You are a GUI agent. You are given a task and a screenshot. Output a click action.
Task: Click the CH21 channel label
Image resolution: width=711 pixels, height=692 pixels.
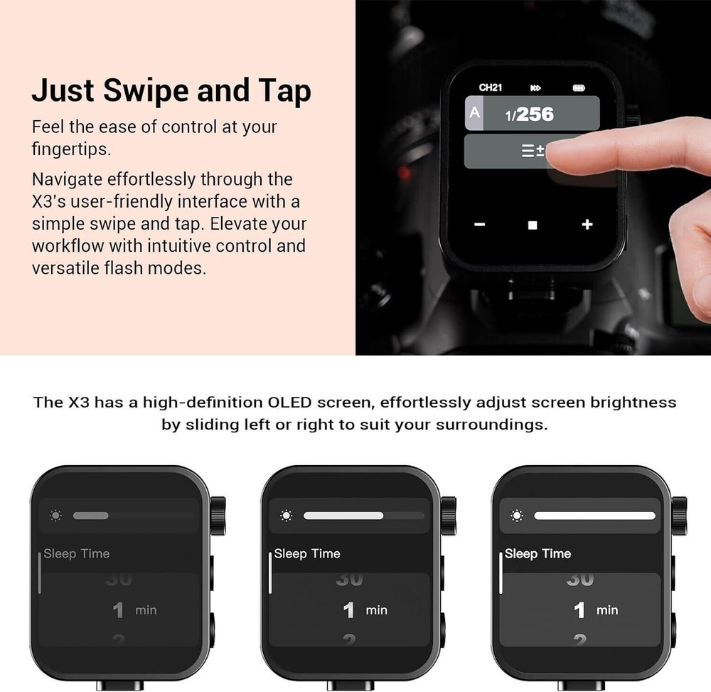(x=491, y=87)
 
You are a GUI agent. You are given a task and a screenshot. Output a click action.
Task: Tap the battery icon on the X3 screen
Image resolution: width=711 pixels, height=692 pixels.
(x=579, y=88)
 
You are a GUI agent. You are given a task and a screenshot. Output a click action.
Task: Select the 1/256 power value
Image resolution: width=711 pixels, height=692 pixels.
(x=530, y=115)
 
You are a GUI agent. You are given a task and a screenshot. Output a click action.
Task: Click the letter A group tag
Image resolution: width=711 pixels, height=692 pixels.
(x=474, y=113)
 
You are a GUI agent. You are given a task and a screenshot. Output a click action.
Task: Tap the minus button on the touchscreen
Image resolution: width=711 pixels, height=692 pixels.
(x=479, y=225)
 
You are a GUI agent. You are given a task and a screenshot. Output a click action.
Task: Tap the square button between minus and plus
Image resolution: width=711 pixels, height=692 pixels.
(x=533, y=225)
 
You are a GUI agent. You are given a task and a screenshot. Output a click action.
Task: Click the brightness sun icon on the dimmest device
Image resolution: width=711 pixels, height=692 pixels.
(x=56, y=515)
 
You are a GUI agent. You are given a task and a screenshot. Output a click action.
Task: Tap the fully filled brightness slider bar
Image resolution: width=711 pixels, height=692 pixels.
(x=594, y=516)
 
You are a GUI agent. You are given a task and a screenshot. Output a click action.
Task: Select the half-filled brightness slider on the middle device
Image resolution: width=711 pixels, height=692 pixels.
(x=343, y=516)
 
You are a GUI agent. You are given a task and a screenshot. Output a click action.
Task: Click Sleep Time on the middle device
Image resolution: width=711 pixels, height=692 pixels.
(x=307, y=553)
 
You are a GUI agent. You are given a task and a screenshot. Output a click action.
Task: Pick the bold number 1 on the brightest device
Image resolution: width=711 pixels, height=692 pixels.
(x=579, y=610)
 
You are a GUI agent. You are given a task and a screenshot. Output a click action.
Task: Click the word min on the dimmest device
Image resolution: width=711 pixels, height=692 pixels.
(x=146, y=610)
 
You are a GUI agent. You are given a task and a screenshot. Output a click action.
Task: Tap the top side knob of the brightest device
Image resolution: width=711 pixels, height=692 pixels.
(x=679, y=509)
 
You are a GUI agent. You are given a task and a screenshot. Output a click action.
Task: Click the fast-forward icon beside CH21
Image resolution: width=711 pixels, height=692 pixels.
(x=535, y=88)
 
